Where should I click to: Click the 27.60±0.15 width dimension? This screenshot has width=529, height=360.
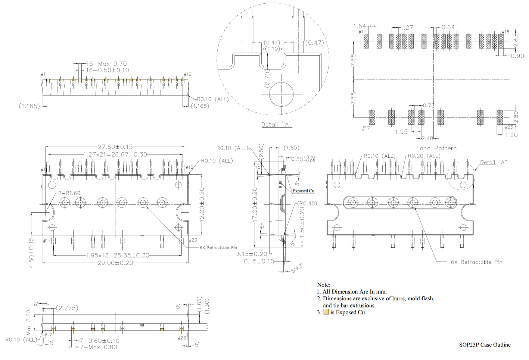(115, 147)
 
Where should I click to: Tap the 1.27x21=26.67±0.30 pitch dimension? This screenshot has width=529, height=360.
(115, 154)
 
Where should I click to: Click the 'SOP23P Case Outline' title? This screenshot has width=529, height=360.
(485, 345)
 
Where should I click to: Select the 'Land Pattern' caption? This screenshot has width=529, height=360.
(436, 148)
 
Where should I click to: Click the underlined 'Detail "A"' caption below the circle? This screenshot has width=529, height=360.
(276, 125)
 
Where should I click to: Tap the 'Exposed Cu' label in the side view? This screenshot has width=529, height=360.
(303, 191)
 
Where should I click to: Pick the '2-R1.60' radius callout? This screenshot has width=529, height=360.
(69, 193)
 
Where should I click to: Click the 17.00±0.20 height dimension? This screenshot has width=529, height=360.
(255, 205)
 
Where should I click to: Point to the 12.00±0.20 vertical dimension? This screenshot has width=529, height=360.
(202, 204)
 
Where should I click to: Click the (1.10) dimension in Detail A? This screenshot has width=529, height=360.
(273, 49)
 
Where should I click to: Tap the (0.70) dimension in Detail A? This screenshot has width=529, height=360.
(267, 79)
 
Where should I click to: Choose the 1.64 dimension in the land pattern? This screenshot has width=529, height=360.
(360, 26)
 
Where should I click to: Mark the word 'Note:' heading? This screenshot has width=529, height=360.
(323, 285)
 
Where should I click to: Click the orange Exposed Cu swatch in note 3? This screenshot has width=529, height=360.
(326, 312)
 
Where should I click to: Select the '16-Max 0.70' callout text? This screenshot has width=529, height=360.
(106, 64)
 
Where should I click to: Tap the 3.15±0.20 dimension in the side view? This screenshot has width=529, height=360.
(252, 254)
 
